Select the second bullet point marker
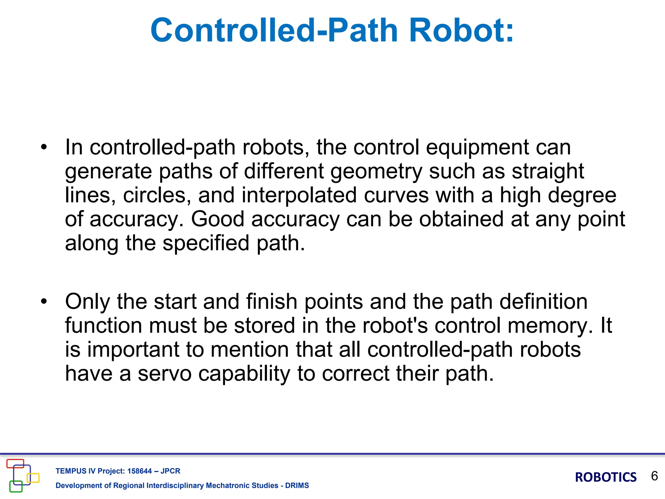click(x=44, y=302)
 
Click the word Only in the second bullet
click(x=88, y=302)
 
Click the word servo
click(x=165, y=374)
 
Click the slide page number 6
click(x=654, y=476)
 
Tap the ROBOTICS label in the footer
click(x=606, y=477)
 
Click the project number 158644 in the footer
click(x=139, y=471)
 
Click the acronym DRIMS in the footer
click(x=297, y=485)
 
